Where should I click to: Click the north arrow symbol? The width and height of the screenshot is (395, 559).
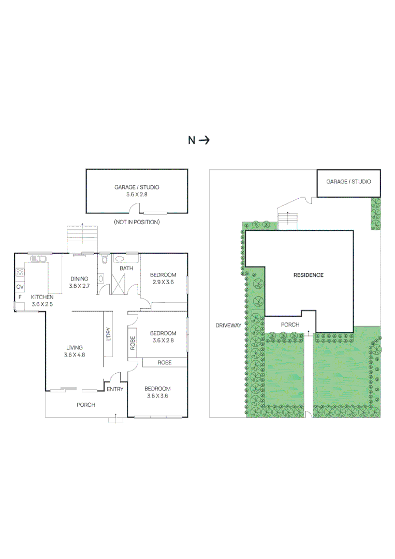204,140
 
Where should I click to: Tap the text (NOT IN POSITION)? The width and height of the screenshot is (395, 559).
137,222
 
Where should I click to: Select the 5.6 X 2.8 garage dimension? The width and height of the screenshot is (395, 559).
137,195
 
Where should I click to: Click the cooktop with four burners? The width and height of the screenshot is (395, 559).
20,271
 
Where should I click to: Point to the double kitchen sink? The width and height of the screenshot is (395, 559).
38,258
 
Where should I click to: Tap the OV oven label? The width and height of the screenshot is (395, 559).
20,286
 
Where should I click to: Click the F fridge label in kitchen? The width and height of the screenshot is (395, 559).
20,297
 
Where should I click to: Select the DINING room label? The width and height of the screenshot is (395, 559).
79,278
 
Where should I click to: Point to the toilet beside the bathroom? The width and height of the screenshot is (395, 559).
104,260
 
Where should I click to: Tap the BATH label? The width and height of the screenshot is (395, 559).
126,269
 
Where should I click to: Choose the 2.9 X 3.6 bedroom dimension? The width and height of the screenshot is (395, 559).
163,282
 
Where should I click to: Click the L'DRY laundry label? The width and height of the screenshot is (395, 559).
108,334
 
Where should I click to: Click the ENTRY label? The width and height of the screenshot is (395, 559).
114,389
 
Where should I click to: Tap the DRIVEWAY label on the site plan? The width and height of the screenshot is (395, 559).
228,326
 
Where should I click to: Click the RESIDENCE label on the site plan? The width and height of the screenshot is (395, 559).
308,275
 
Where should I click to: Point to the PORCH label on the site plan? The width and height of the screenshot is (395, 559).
290,325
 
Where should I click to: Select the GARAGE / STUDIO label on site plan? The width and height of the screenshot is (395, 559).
348,182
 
